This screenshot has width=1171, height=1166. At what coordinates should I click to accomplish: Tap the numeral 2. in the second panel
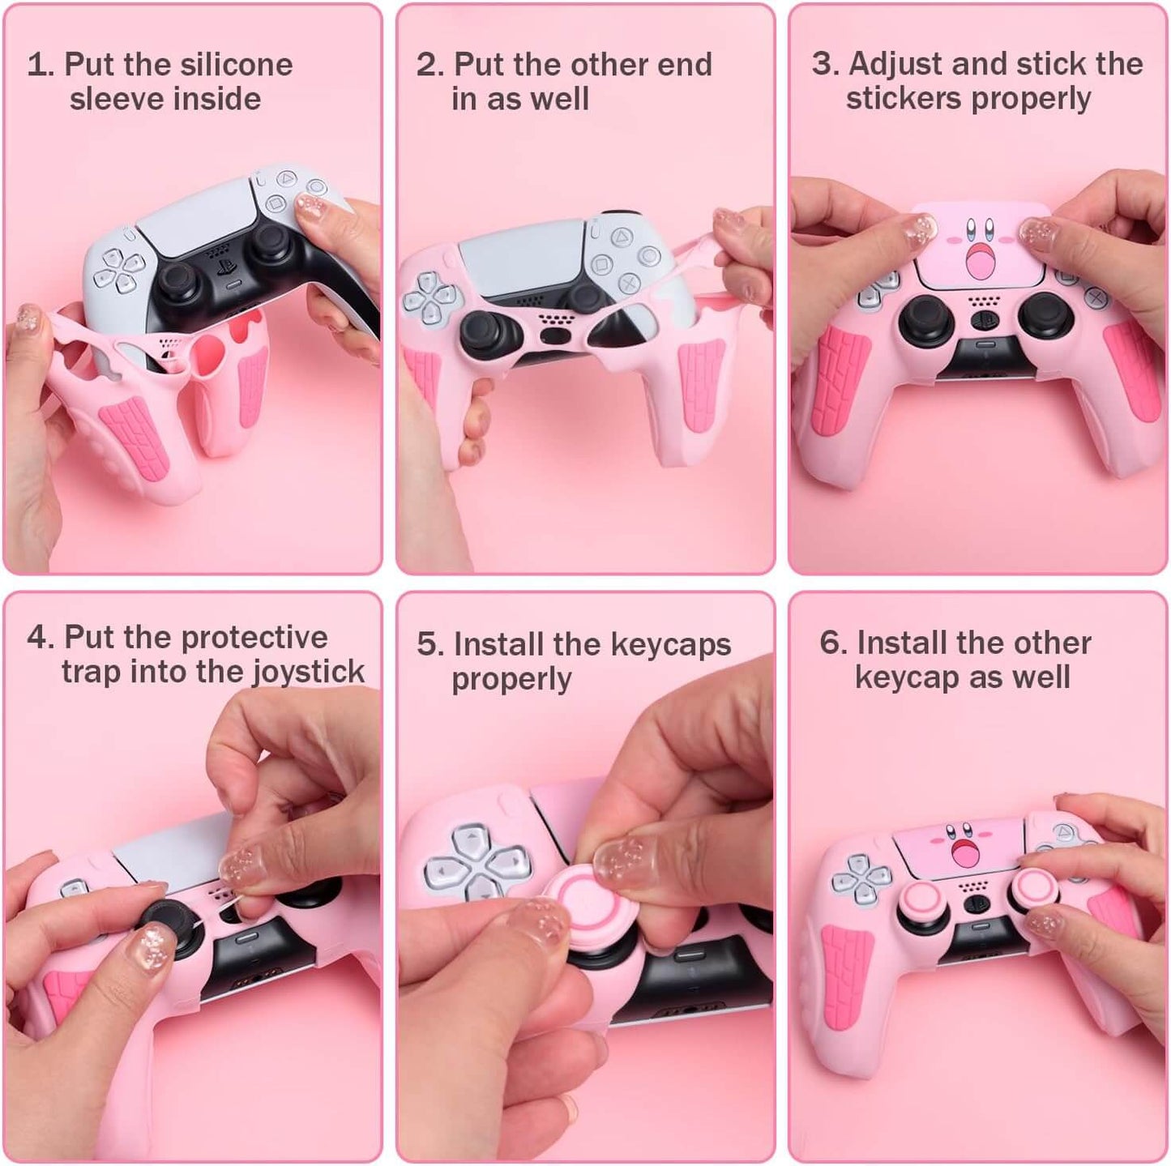pos(430,65)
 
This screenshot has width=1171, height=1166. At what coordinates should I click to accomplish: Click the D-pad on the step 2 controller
pos(429,295)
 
